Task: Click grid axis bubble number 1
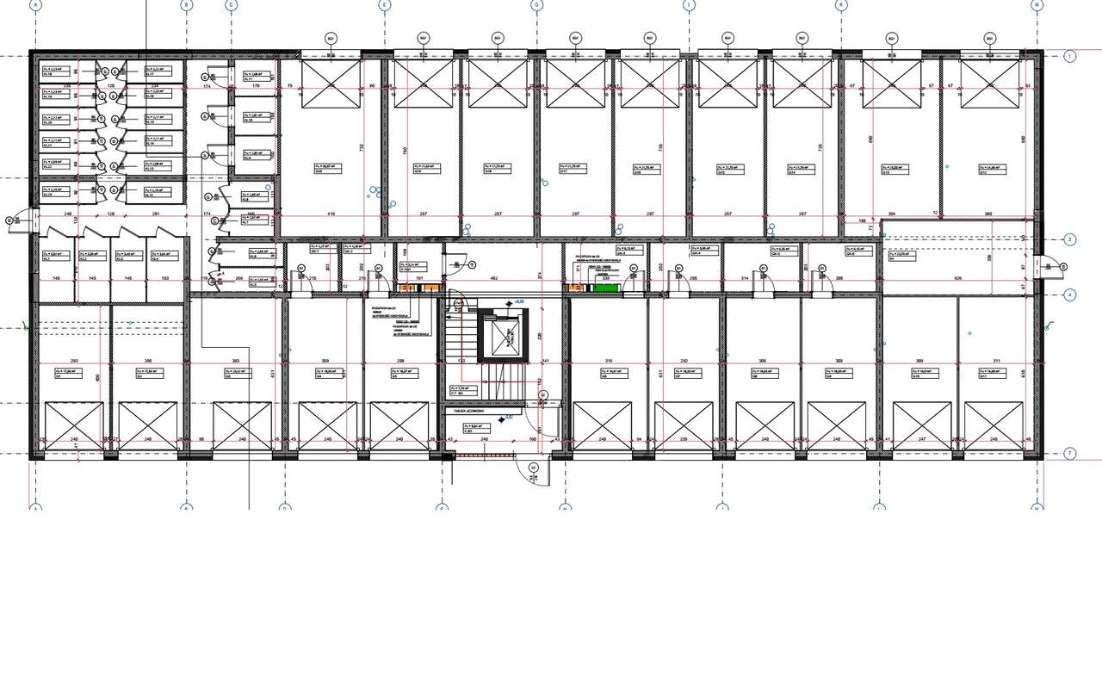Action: coord(1070,57)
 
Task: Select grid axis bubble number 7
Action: coord(1070,454)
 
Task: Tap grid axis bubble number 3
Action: coord(1070,239)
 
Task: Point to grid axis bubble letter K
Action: coord(841,5)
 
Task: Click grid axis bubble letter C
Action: coord(231,5)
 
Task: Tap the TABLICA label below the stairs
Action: coord(471,412)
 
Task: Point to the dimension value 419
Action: coord(330,214)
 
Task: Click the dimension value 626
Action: coord(957,278)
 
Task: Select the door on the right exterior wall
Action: coord(1050,268)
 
